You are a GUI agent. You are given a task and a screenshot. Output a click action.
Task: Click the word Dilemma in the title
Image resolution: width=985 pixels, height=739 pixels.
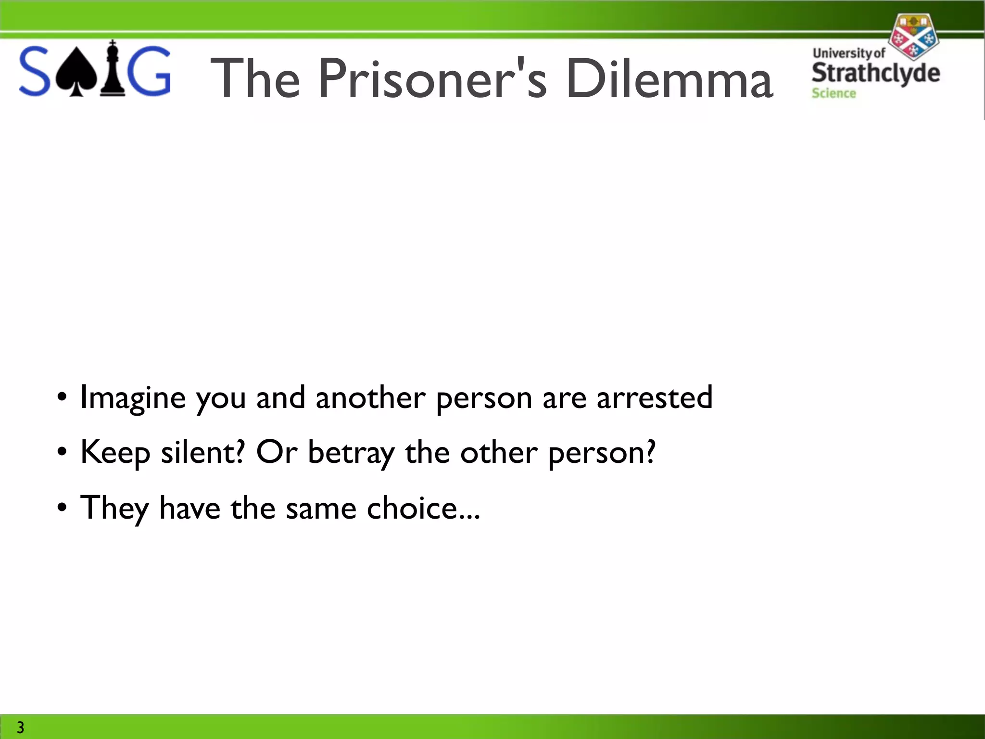click(x=669, y=78)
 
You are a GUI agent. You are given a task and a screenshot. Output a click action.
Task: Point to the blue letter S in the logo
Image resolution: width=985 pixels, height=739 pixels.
click(x=35, y=71)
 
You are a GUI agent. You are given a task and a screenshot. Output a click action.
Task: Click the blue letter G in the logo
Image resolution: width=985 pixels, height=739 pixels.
click(x=151, y=71)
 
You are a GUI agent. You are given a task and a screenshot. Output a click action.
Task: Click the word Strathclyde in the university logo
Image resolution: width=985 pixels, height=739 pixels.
click(x=875, y=73)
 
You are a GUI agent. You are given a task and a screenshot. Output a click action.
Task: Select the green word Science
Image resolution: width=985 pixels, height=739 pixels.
click(x=833, y=93)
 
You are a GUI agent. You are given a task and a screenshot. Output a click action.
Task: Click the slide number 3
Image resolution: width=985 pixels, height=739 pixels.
click(x=20, y=727)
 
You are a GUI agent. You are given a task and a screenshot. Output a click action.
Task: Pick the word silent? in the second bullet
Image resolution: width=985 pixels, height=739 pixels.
click(x=202, y=452)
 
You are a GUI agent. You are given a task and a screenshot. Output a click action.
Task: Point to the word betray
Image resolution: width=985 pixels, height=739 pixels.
click(x=351, y=453)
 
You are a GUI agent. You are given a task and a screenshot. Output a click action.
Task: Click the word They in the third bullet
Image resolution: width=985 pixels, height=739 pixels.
click(x=114, y=508)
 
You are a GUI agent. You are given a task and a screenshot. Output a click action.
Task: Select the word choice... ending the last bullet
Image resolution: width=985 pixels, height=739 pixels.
click(x=423, y=508)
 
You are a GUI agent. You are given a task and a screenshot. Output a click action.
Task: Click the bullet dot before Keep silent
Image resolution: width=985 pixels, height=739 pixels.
click(x=62, y=452)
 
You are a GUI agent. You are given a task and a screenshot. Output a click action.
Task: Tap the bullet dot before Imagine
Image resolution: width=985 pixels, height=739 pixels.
click(x=62, y=397)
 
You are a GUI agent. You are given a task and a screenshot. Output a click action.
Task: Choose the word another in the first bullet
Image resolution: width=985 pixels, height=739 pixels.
click(x=370, y=397)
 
